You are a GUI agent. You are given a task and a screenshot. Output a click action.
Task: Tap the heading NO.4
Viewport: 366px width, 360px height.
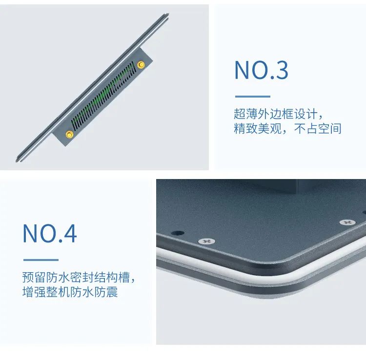point(50,234)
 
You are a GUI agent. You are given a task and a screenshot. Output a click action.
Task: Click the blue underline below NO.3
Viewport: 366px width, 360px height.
point(252,97)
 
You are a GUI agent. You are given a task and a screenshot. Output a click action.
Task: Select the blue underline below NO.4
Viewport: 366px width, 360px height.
point(41,260)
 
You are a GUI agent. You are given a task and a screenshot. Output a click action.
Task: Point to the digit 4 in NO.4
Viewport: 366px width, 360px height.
point(69,234)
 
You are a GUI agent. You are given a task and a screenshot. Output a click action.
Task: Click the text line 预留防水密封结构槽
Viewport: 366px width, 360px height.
point(78,278)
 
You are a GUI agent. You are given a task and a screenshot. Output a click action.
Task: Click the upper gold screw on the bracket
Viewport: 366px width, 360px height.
point(142,64)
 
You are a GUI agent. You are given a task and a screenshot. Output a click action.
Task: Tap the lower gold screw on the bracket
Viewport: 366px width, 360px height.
point(69,135)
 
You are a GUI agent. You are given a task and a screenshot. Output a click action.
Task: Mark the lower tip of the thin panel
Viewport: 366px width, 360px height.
point(18,159)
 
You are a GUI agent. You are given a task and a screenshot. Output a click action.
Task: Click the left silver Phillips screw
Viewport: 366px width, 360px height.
point(207,241)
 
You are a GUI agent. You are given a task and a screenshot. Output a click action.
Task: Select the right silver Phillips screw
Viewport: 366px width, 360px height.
point(347,222)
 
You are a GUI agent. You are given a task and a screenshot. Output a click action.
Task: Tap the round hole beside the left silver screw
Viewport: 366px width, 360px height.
point(178,233)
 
